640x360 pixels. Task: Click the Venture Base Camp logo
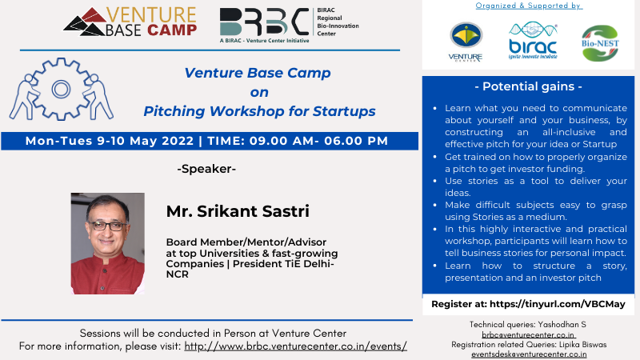(130, 22)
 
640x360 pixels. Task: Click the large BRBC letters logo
(264, 22)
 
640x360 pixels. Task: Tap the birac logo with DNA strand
(533, 41)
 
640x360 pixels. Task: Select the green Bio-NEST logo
(600, 43)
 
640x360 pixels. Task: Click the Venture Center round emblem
(466, 35)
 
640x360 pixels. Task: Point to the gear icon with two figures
(62, 89)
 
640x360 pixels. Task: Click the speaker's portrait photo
(108, 243)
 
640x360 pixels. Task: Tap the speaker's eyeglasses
(107, 226)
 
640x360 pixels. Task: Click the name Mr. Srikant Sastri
(238, 211)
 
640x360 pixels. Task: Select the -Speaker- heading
(206, 169)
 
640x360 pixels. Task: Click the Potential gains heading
(528, 86)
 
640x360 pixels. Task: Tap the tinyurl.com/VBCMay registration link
(557, 304)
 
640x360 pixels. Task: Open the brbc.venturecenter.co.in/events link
(295, 346)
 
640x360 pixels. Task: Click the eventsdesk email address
(529, 354)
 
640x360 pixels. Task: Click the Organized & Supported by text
(529, 6)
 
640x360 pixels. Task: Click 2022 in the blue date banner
(178, 141)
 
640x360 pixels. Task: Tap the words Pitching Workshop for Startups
(259, 111)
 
